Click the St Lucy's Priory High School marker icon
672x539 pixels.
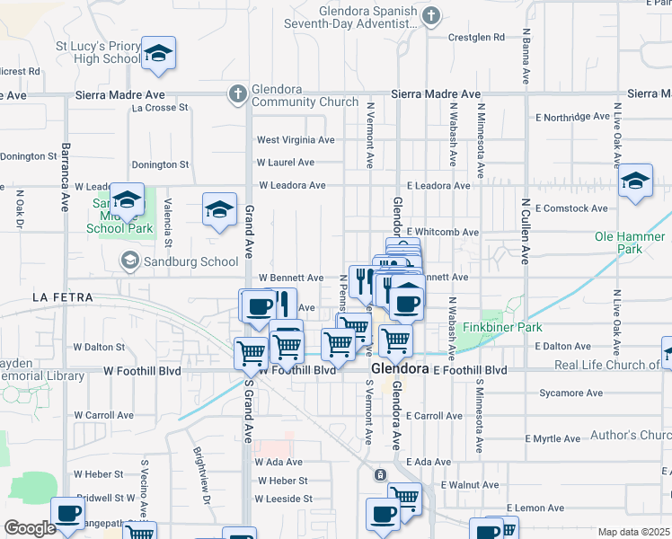pyautogui.click(x=158, y=55)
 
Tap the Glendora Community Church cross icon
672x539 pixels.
pyautogui.click(x=237, y=93)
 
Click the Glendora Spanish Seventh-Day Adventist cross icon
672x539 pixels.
pyautogui.click(x=431, y=15)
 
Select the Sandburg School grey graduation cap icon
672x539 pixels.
pyautogui.click(x=130, y=261)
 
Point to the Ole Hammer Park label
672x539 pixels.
pyautogui.click(x=630, y=243)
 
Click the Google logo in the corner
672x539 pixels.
pyautogui.click(x=30, y=528)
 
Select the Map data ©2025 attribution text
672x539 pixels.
pyautogui.click(x=632, y=532)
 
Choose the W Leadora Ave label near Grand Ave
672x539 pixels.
pyautogui.click(x=292, y=186)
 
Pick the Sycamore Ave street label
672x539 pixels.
pyautogui.click(x=570, y=393)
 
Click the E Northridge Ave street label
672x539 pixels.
pyautogui.click(x=573, y=117)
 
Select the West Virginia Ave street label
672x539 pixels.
pyautogui.click(x=296, y=140)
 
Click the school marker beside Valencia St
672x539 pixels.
pyautogui.click(x=219, y=211)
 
